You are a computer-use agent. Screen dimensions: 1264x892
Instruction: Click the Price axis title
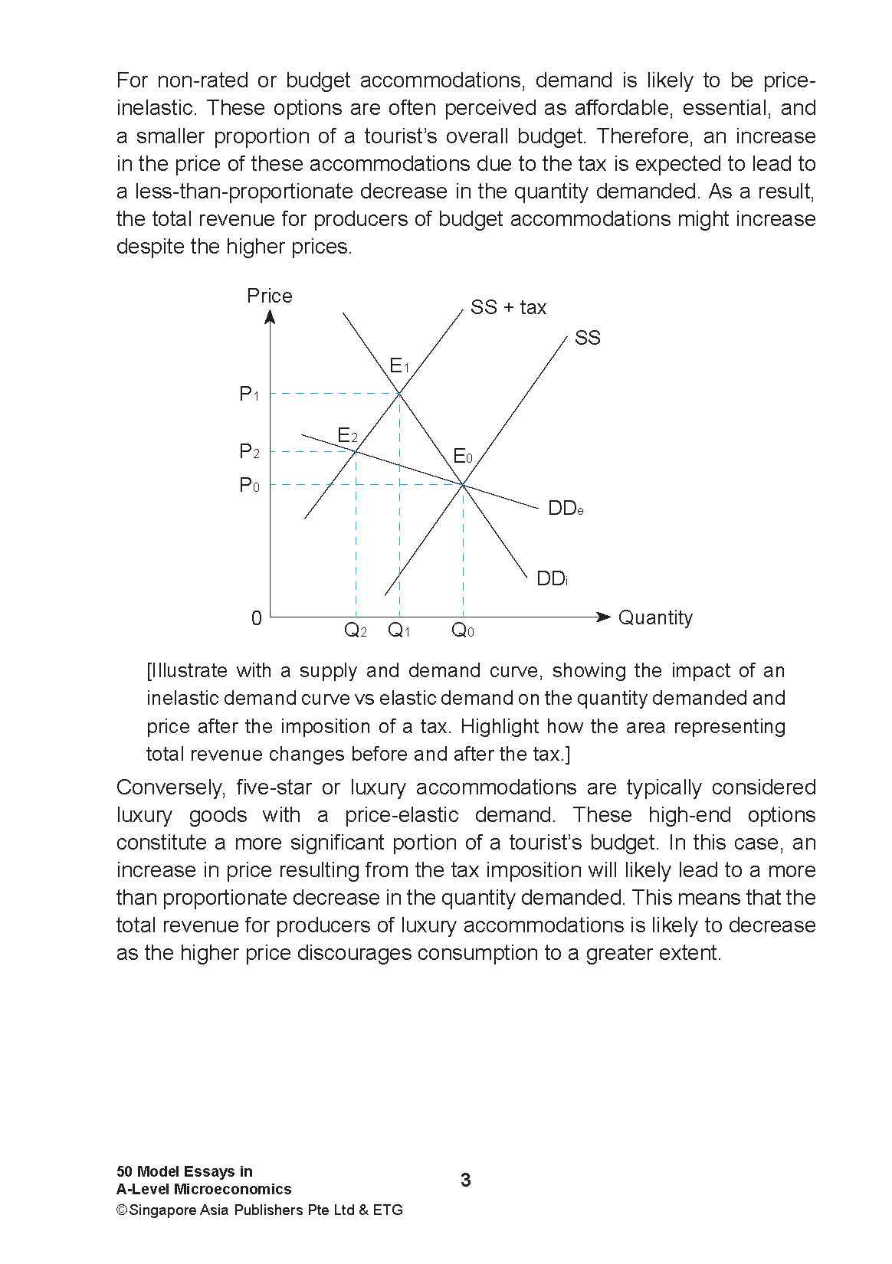pos(269,296)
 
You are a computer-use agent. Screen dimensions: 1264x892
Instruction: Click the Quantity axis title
pos(654,617)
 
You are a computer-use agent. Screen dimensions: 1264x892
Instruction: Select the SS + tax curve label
pos(508,307)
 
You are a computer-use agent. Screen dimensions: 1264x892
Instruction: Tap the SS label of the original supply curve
pos(587,338)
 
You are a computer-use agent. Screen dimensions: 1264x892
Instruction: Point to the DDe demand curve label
pos(566,509)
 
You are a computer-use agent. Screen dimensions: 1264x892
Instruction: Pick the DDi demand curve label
pos(552,578)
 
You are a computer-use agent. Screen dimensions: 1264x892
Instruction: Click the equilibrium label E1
pos(399,366)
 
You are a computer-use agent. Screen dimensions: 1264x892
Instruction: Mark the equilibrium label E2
pos(348,436)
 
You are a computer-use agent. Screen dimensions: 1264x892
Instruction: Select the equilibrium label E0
pos(463,457)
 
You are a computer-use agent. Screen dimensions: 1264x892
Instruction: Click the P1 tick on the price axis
pos(249,395)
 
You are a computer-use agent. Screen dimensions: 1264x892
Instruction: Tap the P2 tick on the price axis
pos(249,451)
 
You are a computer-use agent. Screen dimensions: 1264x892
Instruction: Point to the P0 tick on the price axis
pos(249,485)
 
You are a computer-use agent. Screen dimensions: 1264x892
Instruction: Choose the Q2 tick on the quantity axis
pos(355,630)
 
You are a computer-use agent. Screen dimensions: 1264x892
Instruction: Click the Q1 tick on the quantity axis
pos(399,630)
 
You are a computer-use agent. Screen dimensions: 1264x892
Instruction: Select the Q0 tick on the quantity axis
pos(463,630)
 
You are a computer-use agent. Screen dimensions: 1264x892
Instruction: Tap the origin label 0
pos(257,618)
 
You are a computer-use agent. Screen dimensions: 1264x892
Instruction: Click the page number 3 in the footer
pos(466,1180)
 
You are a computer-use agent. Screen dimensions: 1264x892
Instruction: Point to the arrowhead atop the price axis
pos(271,317)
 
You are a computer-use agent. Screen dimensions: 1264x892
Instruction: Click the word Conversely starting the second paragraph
pos(168,788)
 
